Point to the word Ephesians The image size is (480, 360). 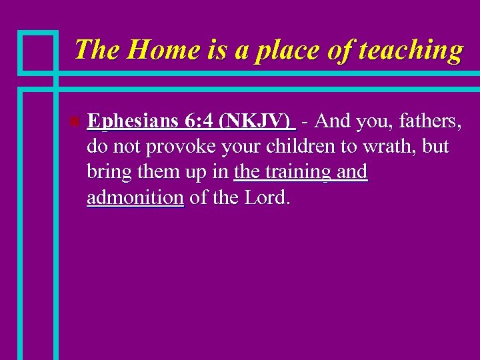point(133,121)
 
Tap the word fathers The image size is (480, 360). point(424,121)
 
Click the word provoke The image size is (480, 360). point(176,147)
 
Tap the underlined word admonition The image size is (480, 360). point(135,197)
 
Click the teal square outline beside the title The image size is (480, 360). point(37,51)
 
